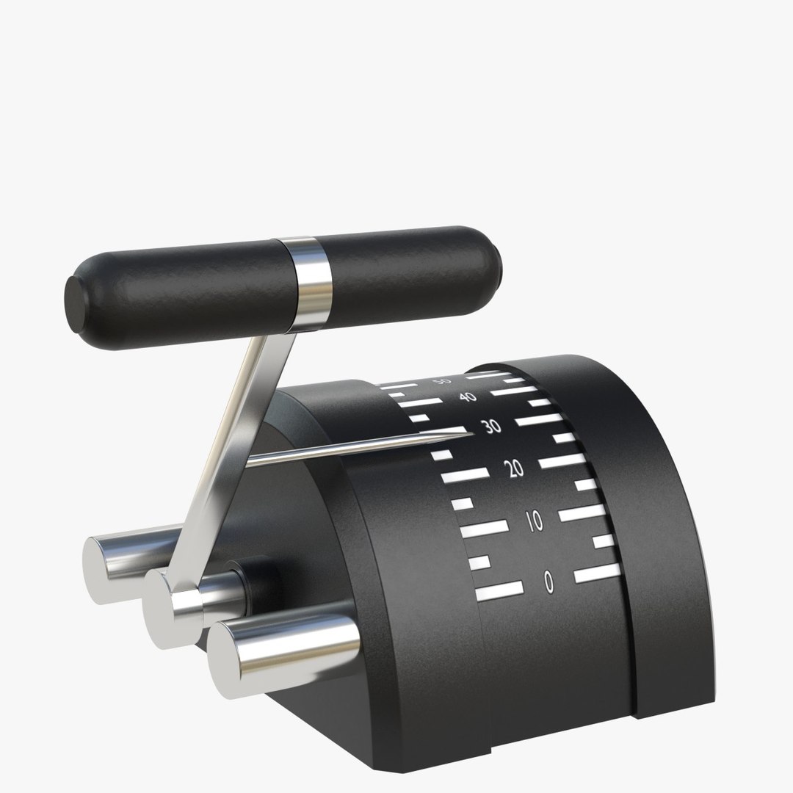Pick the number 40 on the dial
pyautogui.click(x=467, y=397)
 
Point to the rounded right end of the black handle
pyautogui.click(x=496, y=267)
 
